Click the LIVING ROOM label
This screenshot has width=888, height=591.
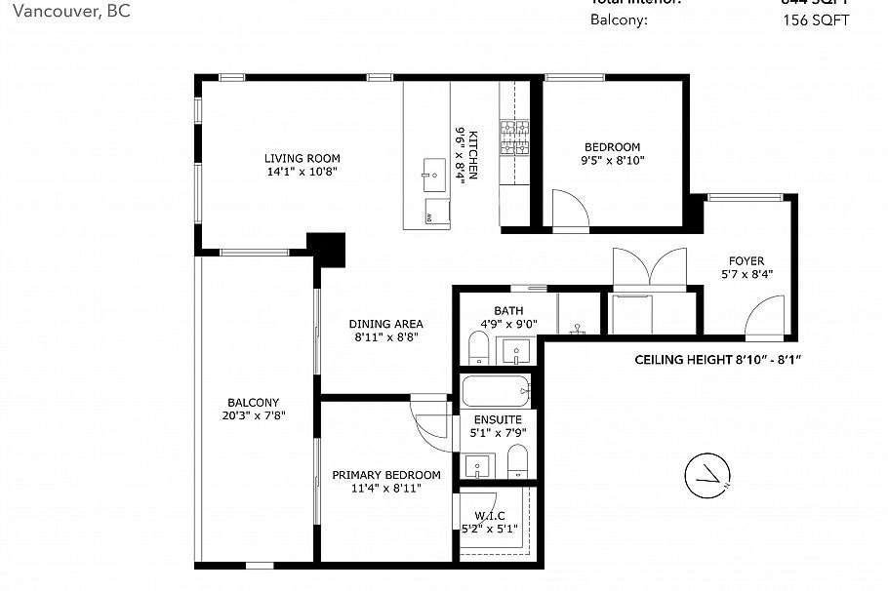click(302, 158)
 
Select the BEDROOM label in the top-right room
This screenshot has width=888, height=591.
click(612, 147)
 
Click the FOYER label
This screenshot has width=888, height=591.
click(746, 261)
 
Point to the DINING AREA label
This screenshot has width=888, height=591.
click(387, 324)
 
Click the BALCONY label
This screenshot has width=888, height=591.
click(253, 402)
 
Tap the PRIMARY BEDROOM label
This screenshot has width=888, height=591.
click(385, 475)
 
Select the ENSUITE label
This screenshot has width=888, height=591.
click(498, 419)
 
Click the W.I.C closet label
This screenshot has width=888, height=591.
click(489, 515)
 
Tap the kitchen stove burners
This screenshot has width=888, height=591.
click(514, 138)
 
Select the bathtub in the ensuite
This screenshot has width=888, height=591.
click(497, 392)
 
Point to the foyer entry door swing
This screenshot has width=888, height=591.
click(761, 317)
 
